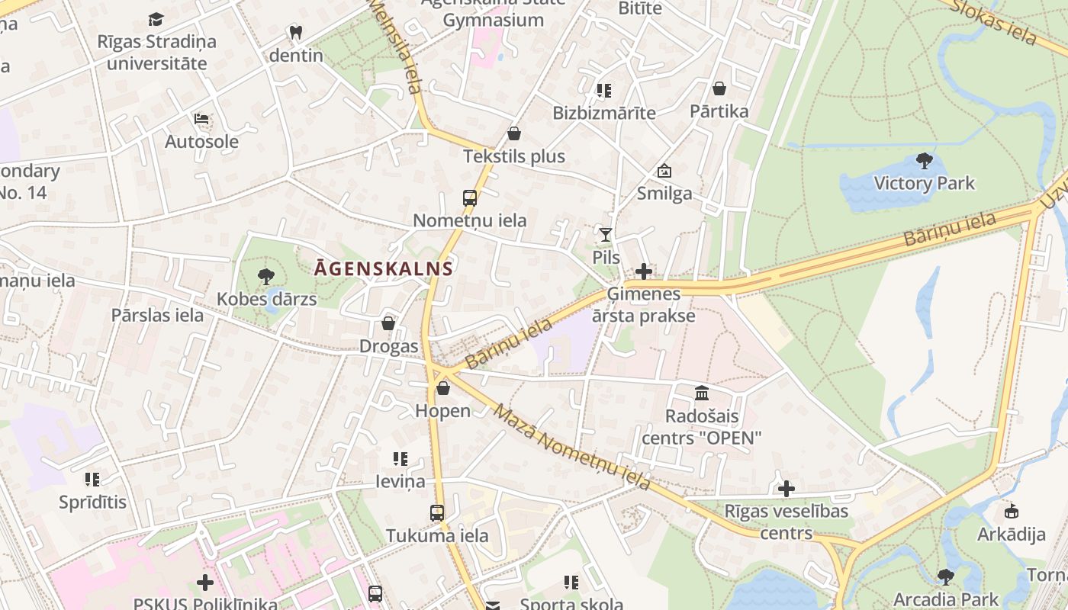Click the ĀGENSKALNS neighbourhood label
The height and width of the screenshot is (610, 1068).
[384, 268]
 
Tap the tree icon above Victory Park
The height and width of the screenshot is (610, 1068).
[925, 161]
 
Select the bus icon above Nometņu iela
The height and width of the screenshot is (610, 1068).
[470, 198]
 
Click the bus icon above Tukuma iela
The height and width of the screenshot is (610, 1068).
[437, 513]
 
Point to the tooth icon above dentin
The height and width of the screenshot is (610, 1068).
[296, 33]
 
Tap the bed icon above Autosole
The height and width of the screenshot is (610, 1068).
[201, 119]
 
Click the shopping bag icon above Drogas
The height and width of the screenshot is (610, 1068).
[388, 323]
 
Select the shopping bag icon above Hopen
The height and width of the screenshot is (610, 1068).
[443, 388]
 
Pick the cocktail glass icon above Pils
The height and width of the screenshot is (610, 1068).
[606, 235]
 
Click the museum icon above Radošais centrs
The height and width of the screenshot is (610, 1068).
[702, 393]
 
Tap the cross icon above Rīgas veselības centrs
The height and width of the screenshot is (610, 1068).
[787, 489]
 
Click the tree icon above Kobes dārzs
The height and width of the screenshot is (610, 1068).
[266, 276]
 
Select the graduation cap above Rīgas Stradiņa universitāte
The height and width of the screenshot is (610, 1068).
[156, 19]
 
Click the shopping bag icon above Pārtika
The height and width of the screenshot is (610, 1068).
[719, 88]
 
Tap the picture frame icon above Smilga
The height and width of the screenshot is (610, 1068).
[664, 171]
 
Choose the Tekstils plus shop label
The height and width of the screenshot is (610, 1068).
[514, 156]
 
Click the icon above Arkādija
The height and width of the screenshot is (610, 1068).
[1012, 511]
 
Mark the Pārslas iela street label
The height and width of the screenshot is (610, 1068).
[157, 315]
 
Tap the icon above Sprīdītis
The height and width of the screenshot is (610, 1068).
[92, 480]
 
